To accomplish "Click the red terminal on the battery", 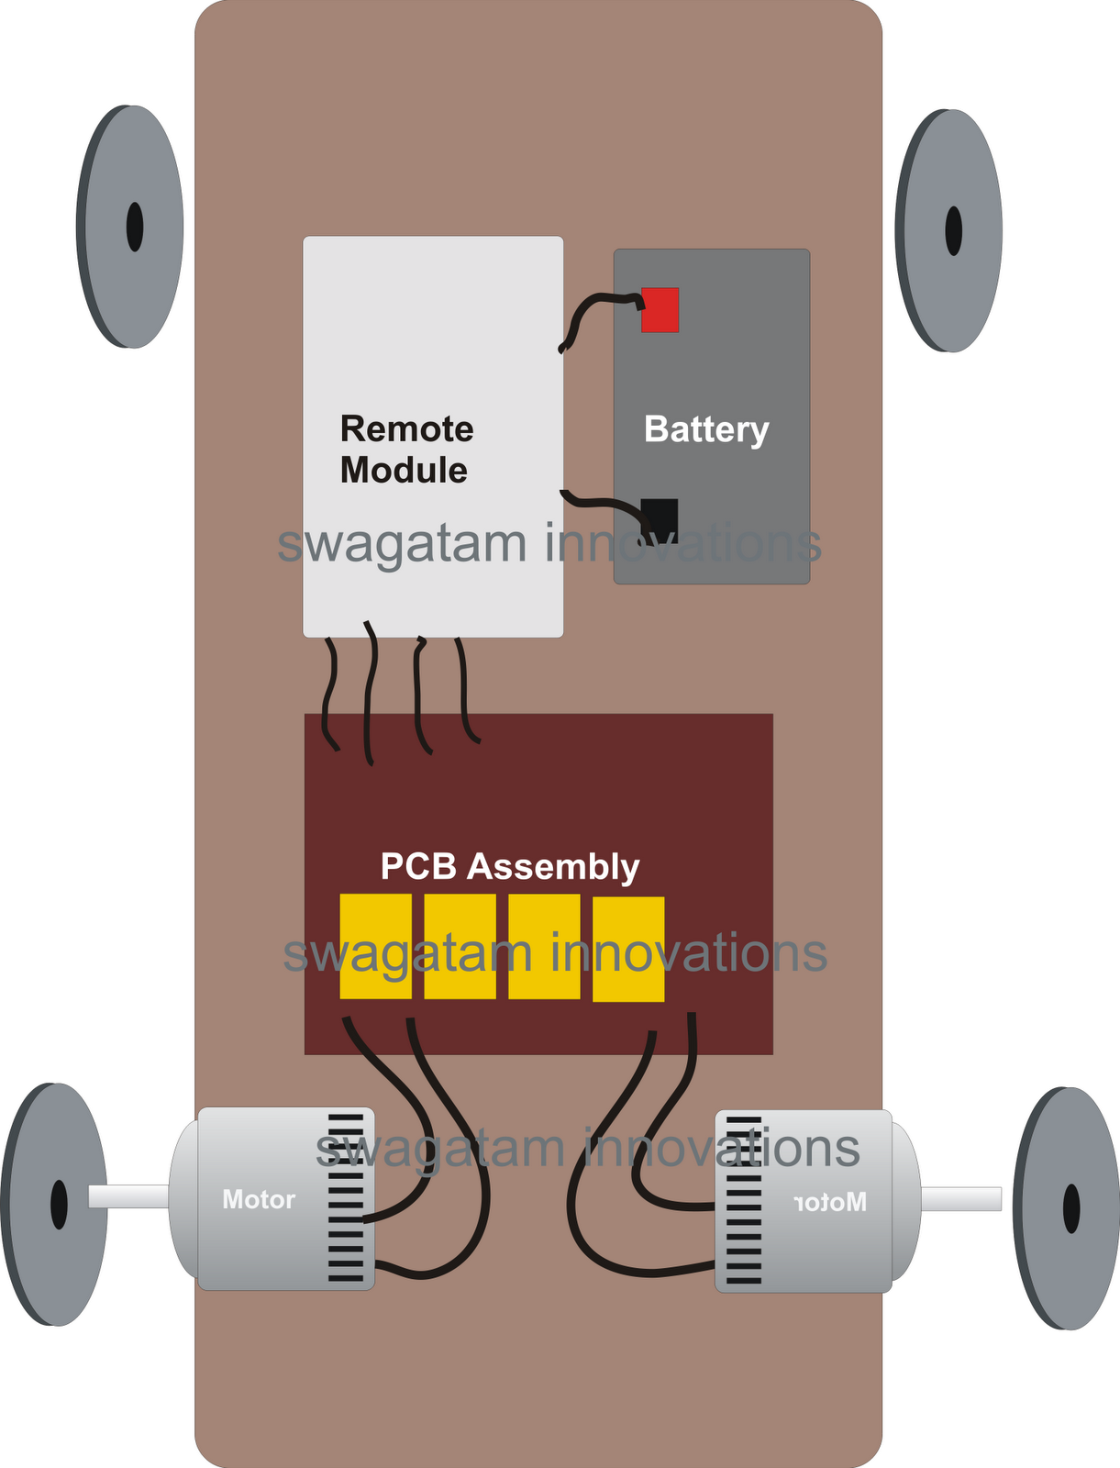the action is (660, 309).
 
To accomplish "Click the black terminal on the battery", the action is (660, 521).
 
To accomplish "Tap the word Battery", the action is (706, 429).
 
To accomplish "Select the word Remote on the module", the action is (406, 428).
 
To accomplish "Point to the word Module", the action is (404, 470).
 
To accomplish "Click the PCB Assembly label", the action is (509, 867).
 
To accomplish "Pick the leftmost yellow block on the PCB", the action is (376, 946).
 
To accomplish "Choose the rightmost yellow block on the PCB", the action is (628, 949).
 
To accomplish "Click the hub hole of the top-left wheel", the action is (135, 227).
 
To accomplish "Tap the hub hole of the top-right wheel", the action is (953, 230).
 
